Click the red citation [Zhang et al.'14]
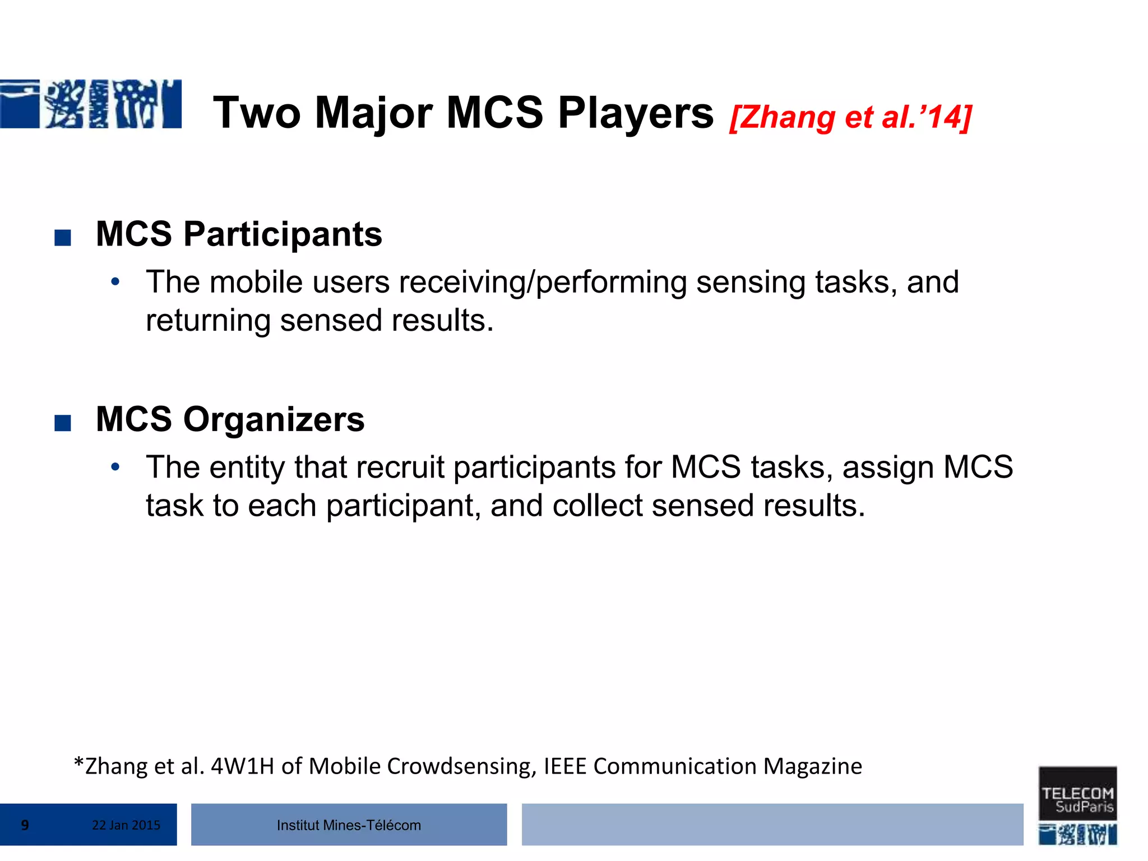pyautogui.click(x=850, y=117)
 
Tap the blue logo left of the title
pyautogui.click(x=91, y=104)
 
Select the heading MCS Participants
pyautogui.click(x=239, y=234)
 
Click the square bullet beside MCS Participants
pyautogui.click(x=63, y=238)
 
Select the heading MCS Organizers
pyautogui.click(x=230, y=419)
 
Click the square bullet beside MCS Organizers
pyautogui.click(x=63, y=423)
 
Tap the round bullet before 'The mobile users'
pyautogui.click(x=115, y=281)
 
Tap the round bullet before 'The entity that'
pyautogui.click(x=115, y=467)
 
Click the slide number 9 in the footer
pyautogui.click(x=25, y=825)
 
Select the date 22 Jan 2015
pyautogui.click(x=126, y=825)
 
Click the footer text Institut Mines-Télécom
pyautogui.click(x=349, y=825)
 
